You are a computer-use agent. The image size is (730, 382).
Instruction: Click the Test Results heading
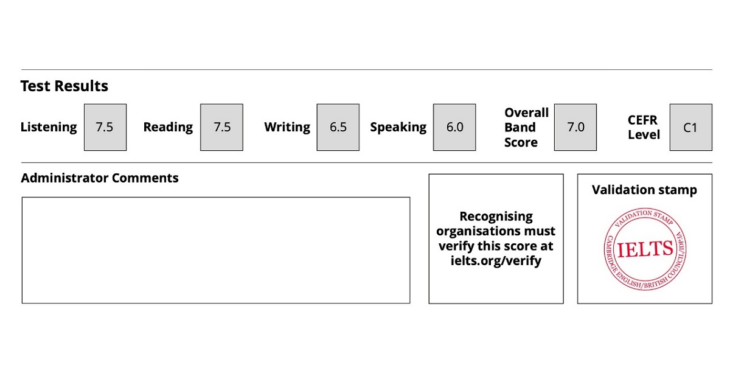point(64,86)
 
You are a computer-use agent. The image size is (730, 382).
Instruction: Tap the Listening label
point(49,127)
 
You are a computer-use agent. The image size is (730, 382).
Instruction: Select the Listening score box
point(105,128)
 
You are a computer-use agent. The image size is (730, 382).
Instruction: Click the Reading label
point(168,127)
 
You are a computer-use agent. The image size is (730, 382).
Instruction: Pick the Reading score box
point(221,128)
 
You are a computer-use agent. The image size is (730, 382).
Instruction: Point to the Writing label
point(287,127)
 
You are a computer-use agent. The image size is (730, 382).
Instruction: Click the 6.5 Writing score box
point(338,128)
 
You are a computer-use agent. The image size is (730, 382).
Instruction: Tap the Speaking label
point(398,127)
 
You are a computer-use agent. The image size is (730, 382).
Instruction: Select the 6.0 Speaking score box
point(454,128)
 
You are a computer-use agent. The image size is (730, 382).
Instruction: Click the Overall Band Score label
point(526,128)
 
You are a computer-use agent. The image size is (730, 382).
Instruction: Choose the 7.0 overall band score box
point(575,128)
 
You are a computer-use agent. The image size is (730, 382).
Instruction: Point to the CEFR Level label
point(644,128)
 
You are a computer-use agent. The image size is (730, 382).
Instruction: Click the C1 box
point(691,128)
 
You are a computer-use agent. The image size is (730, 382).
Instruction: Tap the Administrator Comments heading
point(100,178)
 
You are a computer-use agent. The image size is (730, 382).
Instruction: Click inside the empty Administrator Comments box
point(216,251)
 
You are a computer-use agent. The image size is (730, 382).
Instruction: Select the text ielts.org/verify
point(496,261)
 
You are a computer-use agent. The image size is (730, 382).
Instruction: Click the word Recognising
point(496,217)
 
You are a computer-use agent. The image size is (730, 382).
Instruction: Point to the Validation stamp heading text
point(644,190)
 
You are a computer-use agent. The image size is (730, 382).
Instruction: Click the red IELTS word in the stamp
point(645,249)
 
